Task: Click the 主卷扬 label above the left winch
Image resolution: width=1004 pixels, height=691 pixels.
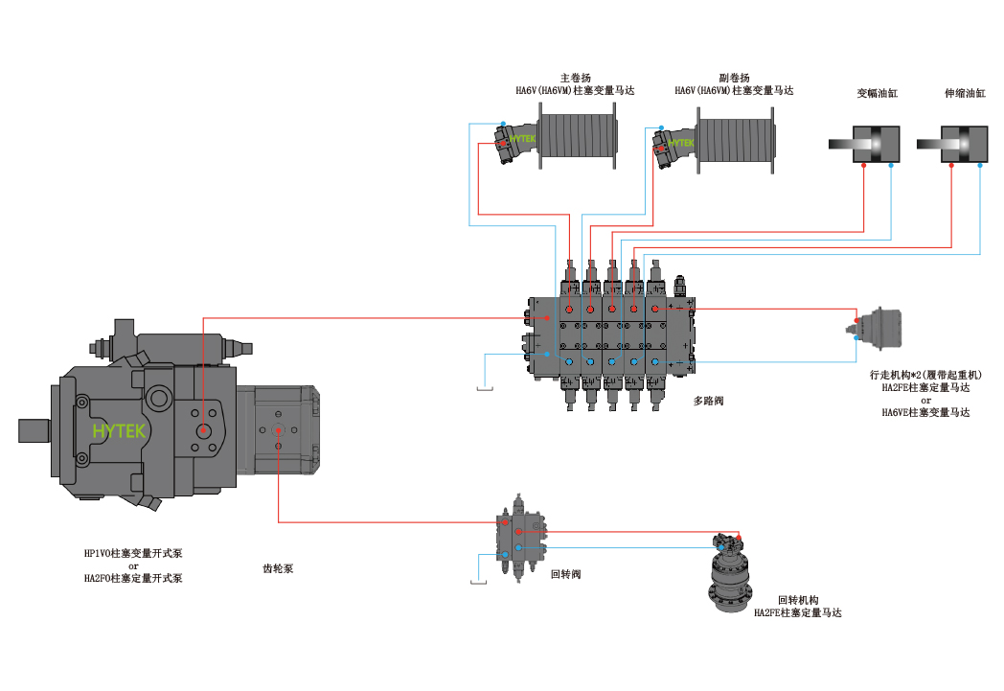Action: pyautogui.click(x=575, y=79)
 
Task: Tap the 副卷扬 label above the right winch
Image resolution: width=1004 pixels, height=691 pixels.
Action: pyautogui.click(x=734, y=79)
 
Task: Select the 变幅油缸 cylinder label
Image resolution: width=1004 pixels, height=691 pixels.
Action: pyautogui.click(x=878, y=94)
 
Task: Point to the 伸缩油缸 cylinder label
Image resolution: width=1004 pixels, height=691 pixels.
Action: pyautogui.click(x=965, y=94)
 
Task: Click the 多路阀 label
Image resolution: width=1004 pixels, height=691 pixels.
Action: pyautogui.click(x=708, y=401)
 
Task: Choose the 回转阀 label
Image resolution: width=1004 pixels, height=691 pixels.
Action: pyautogui.click(x=566, y=574)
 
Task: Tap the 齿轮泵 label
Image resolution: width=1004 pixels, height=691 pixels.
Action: pyautogui.click(x=278, y=568)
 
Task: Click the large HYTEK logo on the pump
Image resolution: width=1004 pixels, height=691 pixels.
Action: pyautogui.click(x=119, y=431)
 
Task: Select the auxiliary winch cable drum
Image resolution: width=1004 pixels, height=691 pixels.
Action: pyautogui.click(x=736, y=140)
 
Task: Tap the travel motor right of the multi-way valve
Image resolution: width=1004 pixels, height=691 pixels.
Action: pyautogui.click(x=876, y=329)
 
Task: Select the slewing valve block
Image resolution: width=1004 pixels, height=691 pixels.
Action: pyautogui.click(x=520, y=538)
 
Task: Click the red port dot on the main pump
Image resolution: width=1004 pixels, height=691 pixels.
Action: pyautogui.click(x=203, y=429)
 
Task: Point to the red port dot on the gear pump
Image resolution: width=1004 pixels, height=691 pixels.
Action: pyautogui.click(x=279, y=430)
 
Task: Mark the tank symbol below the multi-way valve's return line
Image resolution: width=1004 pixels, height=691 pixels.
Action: pyautogui.click(x=485, y=387)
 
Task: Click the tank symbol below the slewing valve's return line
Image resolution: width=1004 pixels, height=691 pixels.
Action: pyautogui.click(x=478, y=581)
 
